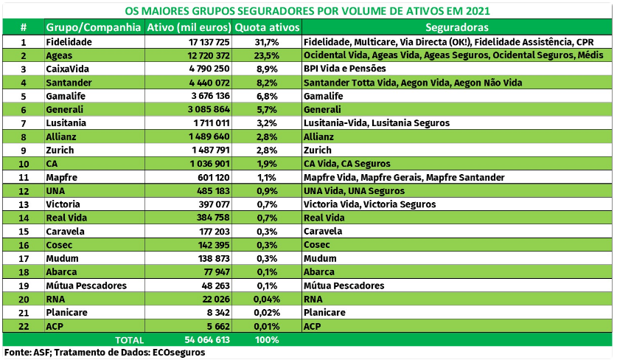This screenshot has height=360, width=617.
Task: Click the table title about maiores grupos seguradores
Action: point(307,10)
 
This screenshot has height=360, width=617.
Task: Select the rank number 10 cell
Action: point(24,163)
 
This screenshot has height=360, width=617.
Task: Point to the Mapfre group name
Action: point(62,177)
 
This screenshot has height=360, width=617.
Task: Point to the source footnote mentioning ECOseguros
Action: point(105,353)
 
